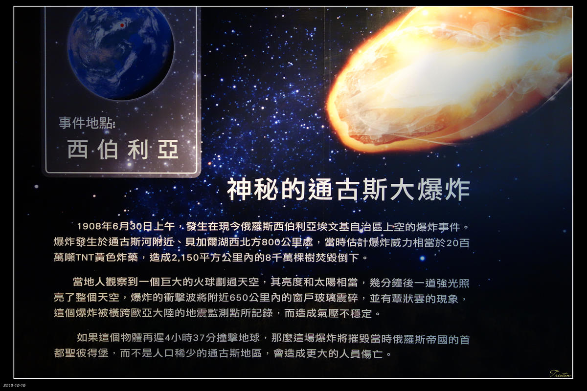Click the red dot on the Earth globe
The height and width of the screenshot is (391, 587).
(122, 25)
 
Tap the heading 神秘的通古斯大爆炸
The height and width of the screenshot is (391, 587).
(348, 190)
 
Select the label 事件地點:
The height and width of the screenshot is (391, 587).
(87, 123)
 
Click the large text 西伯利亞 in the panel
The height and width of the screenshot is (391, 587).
(123, 150)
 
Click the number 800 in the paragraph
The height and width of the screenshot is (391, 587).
(271, 242)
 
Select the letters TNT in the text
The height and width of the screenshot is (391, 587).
(85, 258)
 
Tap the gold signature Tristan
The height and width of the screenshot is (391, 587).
(561, 374)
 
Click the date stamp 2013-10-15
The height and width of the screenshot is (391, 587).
(14, 386)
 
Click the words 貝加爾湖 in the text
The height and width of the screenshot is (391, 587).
(207, 242)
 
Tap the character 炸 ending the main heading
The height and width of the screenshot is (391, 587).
(457, 190)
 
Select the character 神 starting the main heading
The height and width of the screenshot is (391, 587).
(239, 190)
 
